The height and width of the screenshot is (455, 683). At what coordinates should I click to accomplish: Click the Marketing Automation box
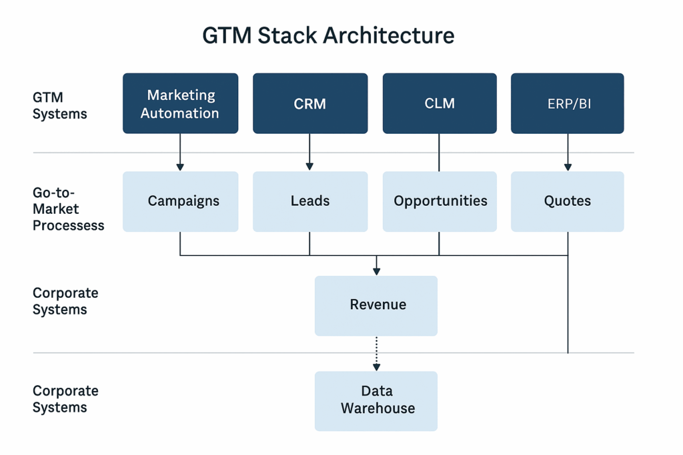click(x=180, y=104)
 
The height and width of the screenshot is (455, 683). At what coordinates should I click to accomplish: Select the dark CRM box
click(x=310, y=104)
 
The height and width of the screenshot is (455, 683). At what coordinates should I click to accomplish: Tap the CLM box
click(x=439, y=104)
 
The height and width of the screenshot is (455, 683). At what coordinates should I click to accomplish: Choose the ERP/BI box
click(x=568, y=104)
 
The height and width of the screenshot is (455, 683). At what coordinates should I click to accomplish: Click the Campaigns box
click(x=180, y=201)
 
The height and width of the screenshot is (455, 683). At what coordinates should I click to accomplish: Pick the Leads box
click(x=310, y=201)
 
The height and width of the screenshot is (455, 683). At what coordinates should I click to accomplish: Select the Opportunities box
click(x=440, y=201)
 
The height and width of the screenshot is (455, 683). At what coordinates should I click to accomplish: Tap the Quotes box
click(x=568, y=201)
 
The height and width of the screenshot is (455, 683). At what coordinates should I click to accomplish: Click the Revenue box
click(x=376, y=305)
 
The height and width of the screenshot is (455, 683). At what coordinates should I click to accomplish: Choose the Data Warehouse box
click(x=376, y=400)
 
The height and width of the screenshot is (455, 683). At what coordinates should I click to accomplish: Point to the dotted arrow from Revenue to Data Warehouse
click(x=377, y=353)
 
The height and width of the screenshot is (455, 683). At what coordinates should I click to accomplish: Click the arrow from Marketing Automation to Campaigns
click(x=180, y=153)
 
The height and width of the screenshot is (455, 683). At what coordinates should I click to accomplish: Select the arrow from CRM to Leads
click(x=309, y=153)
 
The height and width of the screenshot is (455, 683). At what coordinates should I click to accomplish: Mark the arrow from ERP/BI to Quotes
click(x=568, y=153)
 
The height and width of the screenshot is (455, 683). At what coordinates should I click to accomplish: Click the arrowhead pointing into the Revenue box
click(x=377, y=270)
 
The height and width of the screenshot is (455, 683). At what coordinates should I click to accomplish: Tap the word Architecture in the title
click(x=390, y=35)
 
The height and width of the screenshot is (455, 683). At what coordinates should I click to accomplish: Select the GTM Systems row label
click(x=60, y=106)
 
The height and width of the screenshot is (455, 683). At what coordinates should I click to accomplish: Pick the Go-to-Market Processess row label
click(x=68, y=209)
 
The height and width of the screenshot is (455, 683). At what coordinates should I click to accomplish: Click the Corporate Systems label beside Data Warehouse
click(x=65, y=399)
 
